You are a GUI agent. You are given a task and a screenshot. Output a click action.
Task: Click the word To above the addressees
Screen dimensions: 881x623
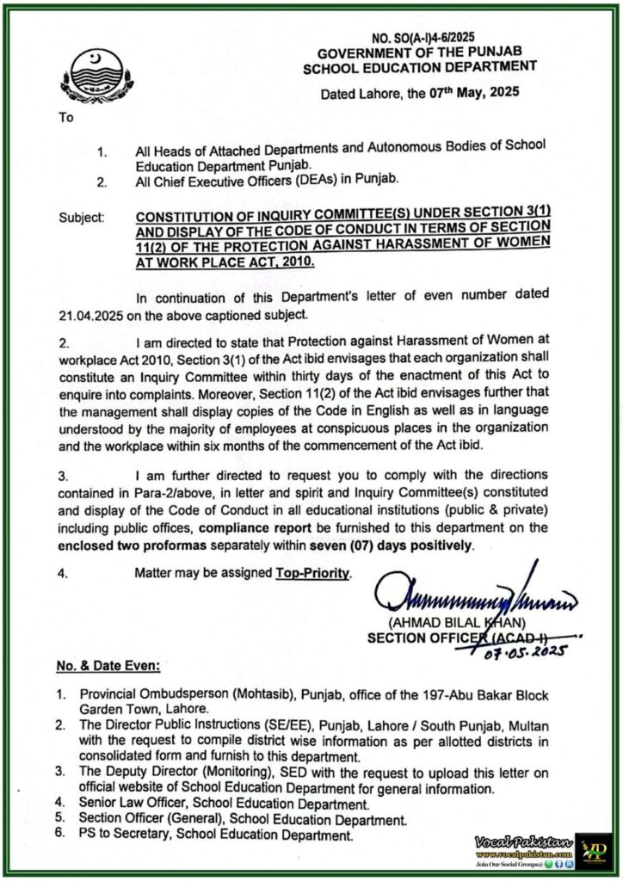[66, 119]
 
